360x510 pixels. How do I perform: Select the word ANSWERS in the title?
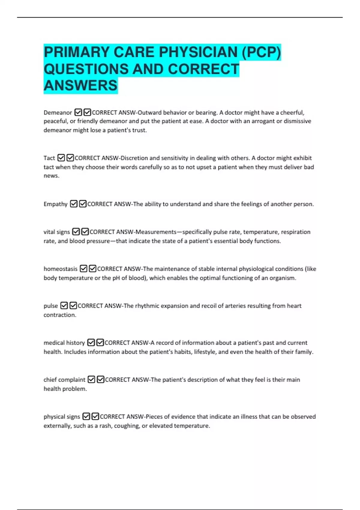pos(80,85)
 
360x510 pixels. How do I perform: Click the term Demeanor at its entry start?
pos(58,112)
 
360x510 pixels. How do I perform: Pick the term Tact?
pos(49,158)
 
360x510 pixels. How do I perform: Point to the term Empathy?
pos(55,204)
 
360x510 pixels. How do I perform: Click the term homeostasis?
pos(60,269)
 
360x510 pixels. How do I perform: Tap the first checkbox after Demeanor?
pos(78,112)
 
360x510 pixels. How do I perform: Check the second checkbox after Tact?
pos(70,158)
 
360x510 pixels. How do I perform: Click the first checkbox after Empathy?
pos(73,204)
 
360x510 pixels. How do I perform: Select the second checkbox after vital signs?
pos(85,232)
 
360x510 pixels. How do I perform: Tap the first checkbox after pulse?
pos(64,306)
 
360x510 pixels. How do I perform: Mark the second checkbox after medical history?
pos(100,343)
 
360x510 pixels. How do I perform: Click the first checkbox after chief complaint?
pos(91,379)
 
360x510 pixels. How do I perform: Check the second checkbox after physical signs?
pos(95,416)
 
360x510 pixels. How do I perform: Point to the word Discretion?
pos(134,158)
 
